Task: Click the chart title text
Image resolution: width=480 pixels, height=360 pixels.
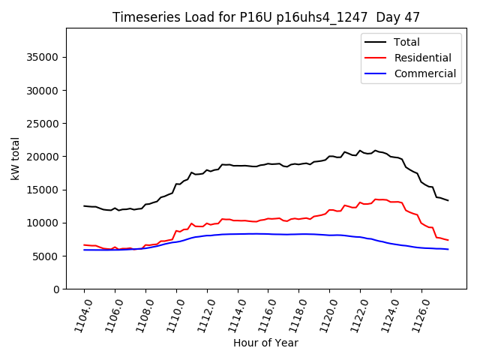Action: pyautogui.click(x=265, y=16)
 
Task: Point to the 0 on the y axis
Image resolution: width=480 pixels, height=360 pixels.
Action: pyautogui.click(x=55, y=289)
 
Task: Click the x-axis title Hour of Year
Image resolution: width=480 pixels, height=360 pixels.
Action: pyautogui.click(x=265, y=343)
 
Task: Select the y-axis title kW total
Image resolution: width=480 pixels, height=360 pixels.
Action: pyautogui.click(x=15, y=158)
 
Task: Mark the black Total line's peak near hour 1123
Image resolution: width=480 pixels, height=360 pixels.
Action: pyautogui.click(x=376, y=150)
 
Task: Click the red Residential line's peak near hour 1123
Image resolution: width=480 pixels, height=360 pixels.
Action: pyautogui.click(x=376, y=199)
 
